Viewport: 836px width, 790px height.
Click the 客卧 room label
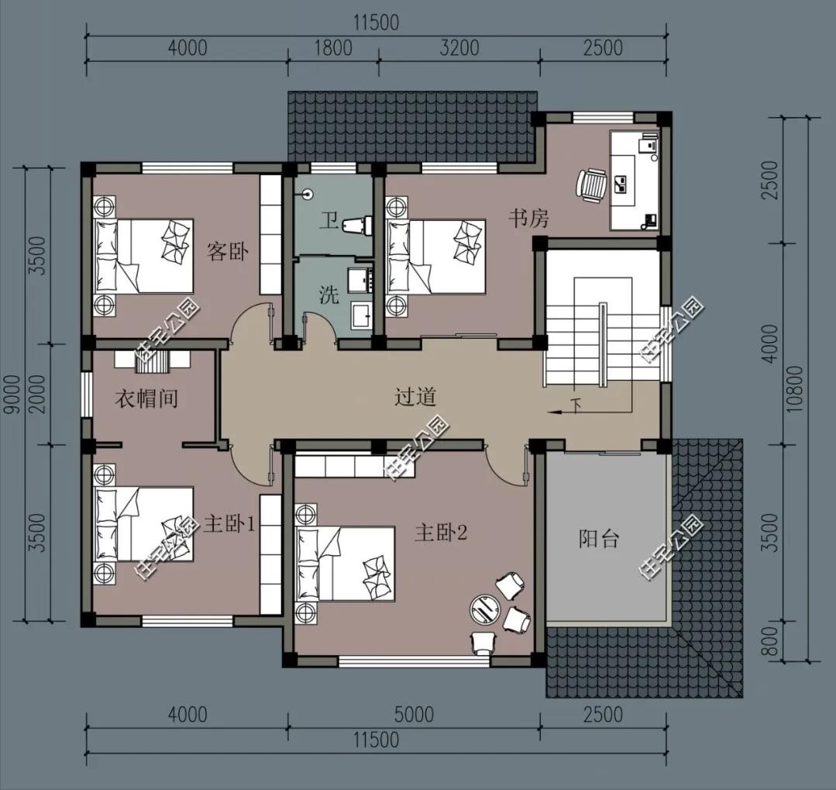coord(228,250)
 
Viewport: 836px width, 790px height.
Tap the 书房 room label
coord(528,218)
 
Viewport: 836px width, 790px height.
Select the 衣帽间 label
coord(146,398)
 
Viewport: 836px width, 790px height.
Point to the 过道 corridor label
coord(415,396)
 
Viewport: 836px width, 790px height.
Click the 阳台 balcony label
coord(599,539)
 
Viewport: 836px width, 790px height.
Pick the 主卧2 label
coord(441,533)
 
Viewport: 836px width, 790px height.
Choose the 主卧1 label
coord(229,526)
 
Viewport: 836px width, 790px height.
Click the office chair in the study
coord(591,185)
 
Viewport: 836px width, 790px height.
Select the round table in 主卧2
coord(485,609)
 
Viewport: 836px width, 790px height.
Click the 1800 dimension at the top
coord(332,48)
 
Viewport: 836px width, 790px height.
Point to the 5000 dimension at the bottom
coord(415,714)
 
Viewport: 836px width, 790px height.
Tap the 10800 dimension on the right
coord(794,388)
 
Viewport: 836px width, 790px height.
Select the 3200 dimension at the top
coord(459,48)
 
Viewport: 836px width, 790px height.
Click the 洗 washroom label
coord(329,295)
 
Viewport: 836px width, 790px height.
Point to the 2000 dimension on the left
coord(37,394)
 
